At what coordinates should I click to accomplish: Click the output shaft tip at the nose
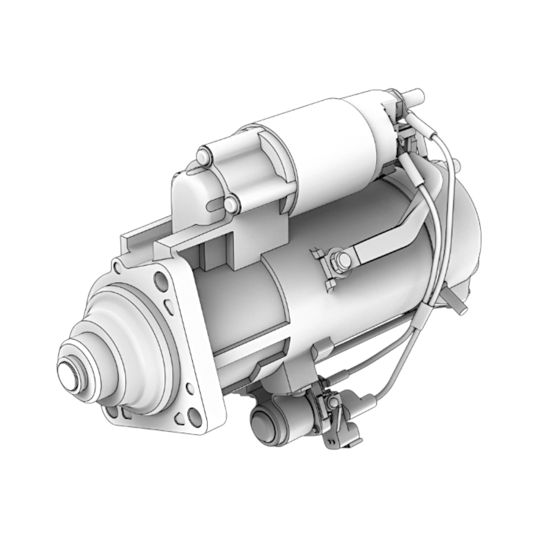click(x=70, y=376)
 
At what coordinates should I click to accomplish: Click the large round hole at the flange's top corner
click(x=160, y=278)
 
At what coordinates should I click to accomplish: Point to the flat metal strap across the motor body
click(x=387, y=236)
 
